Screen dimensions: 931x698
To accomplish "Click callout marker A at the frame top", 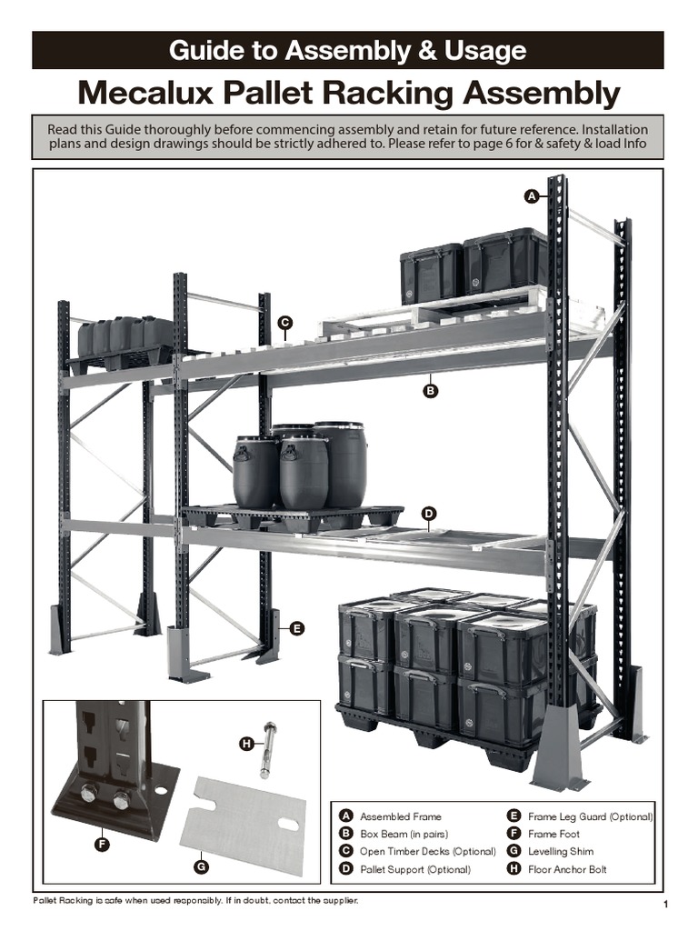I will click(x=531, y=195).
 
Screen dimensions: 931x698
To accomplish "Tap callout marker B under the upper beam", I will click(x=431, y=392).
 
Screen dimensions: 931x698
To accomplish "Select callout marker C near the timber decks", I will click(x=284, y=323).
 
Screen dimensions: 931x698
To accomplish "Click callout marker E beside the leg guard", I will click(x=296, y=628).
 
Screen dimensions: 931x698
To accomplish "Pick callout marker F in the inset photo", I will click(x=102, y=845).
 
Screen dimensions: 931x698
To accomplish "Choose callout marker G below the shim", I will click(x=202, y=866).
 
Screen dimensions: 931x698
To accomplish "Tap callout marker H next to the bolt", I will click(x=245, y=745).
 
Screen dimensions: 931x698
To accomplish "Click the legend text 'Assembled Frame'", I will click(x=400, y=816).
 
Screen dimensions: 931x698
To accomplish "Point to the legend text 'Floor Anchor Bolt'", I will click(x=567, y=869).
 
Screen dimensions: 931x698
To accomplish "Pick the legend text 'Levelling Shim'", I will click(x=560, y=852).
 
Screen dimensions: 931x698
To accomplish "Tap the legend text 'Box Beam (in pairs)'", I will click(x=404, y=834).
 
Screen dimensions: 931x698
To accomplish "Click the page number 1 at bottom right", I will click(x=666, y=905).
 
